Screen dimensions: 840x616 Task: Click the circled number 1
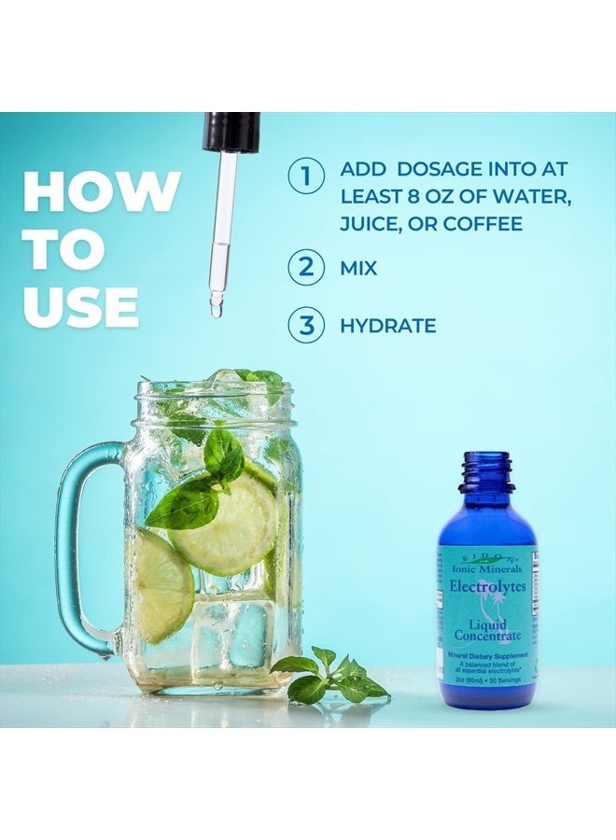[305, 175]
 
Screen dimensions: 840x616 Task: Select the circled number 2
[305, 269]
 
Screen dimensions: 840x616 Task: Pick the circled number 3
[305, 326]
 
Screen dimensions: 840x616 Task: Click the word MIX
[359, 269]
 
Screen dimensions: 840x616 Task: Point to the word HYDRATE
[388, 326]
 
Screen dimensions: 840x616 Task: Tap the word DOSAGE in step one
[422, 170]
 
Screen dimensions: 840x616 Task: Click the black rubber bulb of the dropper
[231, 132]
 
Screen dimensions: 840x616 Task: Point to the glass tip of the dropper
[217, 302]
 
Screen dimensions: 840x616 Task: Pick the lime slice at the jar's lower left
[163, 582]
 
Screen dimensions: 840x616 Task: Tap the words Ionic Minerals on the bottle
[487, 567]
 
